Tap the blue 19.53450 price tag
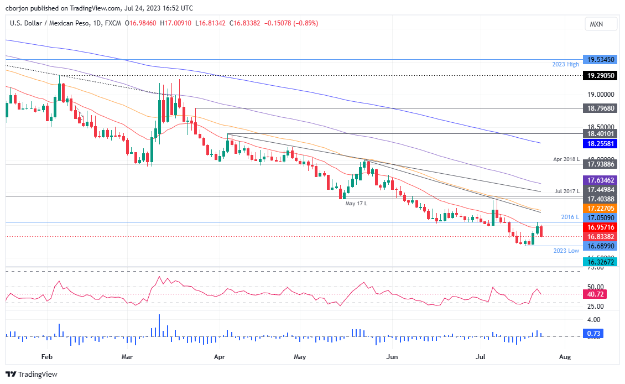pos(602,59)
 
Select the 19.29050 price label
pos(602,75)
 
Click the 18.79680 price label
pos(602,108)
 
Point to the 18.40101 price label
pos(602,133)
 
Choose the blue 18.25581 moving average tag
pos(602,143)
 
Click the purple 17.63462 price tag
pos(602,180)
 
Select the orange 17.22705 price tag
pos(602,208)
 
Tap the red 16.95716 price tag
pos(602,227)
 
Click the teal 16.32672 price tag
pos(602,262)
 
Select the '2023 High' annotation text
pos(566,65)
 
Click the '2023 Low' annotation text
pos(566,251)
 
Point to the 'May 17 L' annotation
pos(357,203)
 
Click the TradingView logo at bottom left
pos(32,375)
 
